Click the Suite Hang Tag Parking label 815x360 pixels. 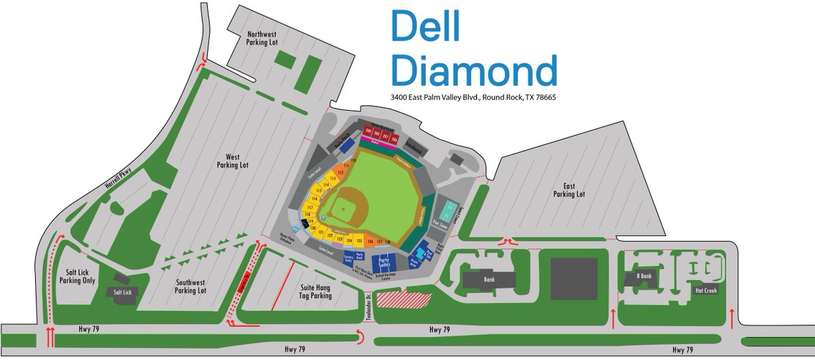[316, 291]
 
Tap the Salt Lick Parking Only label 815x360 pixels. [79, 275]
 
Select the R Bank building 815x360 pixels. [644, 276]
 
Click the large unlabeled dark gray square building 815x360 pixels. [576, 278]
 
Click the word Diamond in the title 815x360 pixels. [474, 70]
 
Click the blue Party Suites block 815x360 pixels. [388, 262]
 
